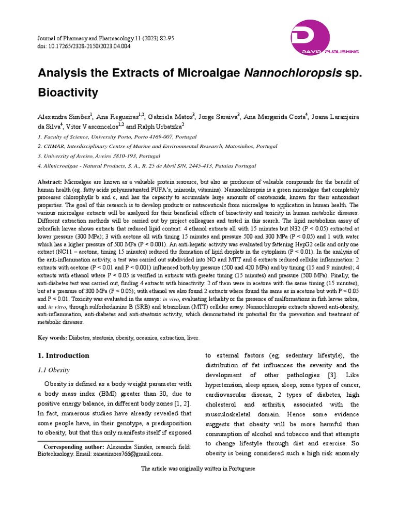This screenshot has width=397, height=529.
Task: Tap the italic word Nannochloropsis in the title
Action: point(293,73)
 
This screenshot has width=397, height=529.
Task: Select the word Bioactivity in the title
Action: point(68,92)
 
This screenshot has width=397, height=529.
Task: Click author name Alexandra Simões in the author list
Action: point(64,117)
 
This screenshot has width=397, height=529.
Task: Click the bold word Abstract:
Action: point(50,183)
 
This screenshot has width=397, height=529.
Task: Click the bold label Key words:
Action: point(52,337)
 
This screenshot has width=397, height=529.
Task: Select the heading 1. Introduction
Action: point(64,355)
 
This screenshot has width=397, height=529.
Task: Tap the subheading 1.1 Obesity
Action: point(54,370)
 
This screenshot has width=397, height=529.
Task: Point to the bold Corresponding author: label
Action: point(74,447)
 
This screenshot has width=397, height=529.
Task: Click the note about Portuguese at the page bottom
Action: point(198,469)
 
